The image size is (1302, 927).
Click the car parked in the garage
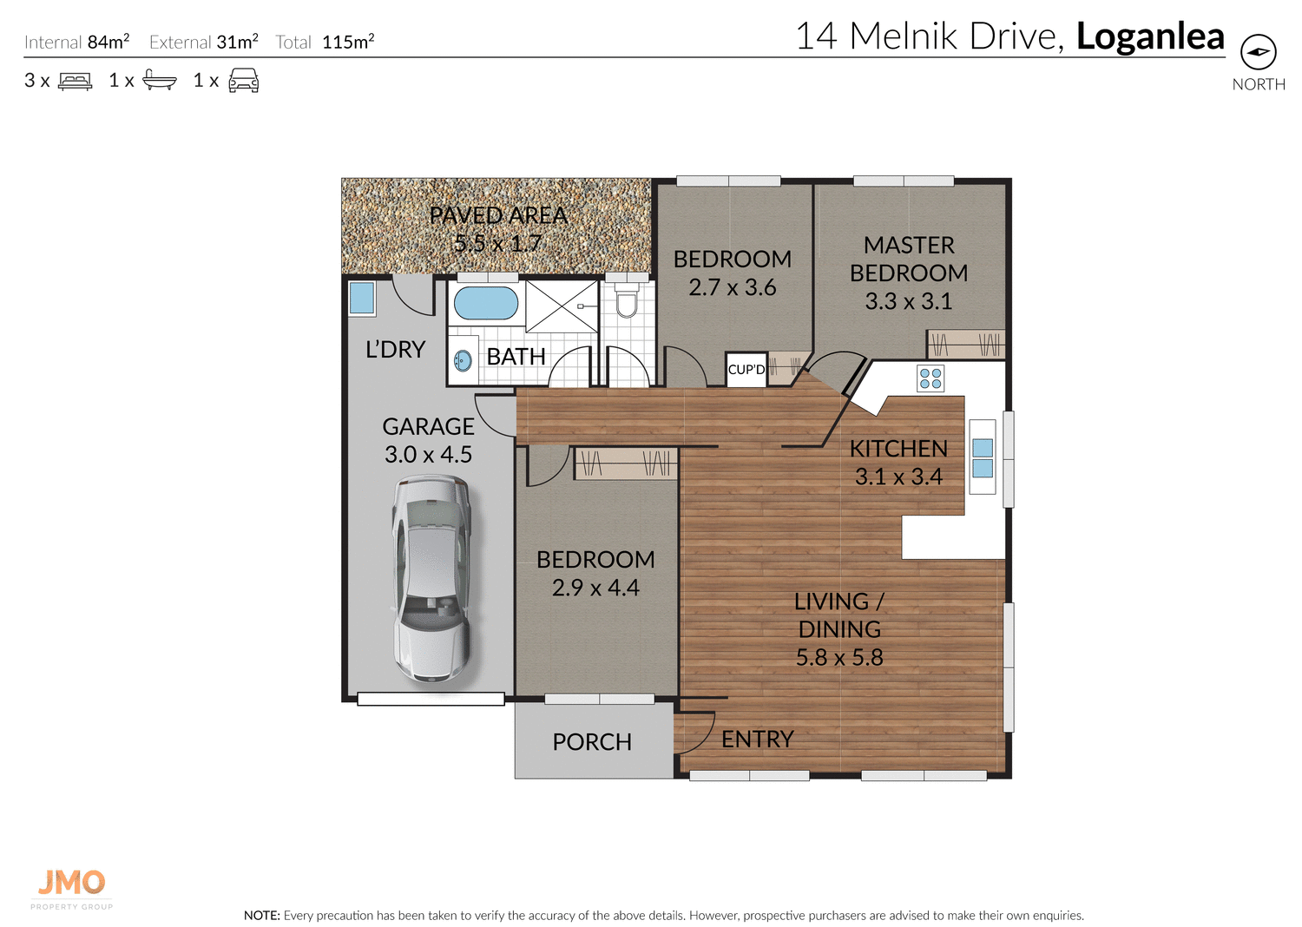point(431,579)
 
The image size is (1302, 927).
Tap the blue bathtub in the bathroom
point(486,303)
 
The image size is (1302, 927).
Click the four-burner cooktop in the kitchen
point(930,378)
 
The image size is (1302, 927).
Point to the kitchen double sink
point(983,457)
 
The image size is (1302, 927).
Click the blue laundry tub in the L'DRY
point(362,299)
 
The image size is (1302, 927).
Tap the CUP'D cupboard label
point(746,370)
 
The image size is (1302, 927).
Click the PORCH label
point(592,742)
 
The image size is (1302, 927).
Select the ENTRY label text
point(758,740)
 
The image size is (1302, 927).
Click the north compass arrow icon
point(1258,52)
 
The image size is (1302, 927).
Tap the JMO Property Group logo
point(71,889)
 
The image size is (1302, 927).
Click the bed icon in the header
point(75,81)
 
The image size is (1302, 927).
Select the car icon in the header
point(244,80)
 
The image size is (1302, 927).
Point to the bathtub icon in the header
point(159,80)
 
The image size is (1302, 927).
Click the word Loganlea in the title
point(1150,36)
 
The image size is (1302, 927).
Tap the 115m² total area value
point(348,42)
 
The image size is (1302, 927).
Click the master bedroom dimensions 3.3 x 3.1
point(909,301)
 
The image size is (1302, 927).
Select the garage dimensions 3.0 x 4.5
point(429,455)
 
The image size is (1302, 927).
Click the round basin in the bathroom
point(463,361)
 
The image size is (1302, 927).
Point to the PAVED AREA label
point(498,215)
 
